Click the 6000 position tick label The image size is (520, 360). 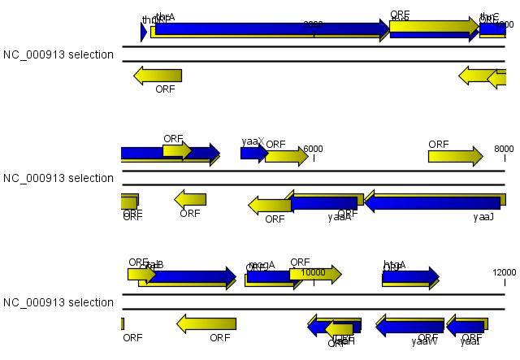(x=314, y=149)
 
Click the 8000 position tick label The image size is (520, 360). (x=504, y=149)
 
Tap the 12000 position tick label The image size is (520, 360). (x=504, y=272)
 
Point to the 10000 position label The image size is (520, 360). (x=313, y=272)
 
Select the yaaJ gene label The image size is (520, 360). (x=483, y=217)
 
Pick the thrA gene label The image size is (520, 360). (x=165, y=16)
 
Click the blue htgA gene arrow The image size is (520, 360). (x=409, y=277)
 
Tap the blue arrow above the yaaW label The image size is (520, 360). (x=409, y=327)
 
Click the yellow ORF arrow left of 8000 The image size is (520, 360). (x=455, y=156)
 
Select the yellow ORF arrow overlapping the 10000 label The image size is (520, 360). (x=314, y=275)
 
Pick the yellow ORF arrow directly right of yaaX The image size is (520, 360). (x=286, y=156)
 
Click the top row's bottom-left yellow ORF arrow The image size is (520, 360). (x=158, y=76)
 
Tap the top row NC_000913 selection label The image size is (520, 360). (x=58, y=54)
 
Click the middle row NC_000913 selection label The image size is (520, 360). (x=58, y=178)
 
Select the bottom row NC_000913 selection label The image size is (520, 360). (x=58, y=302)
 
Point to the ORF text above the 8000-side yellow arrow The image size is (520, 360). (x=439, y=144)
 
